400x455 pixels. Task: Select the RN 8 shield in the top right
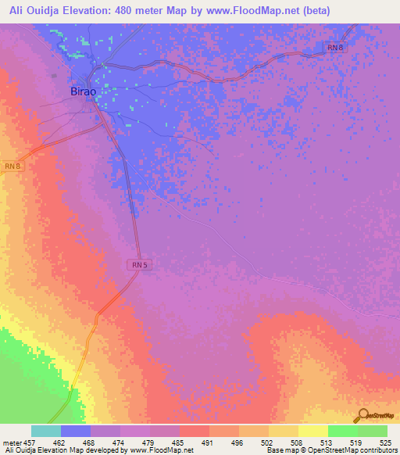click(x=334, y=48)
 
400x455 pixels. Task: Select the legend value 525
click(x=385, y=442)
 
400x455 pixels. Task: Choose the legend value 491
click(x=207, y=442)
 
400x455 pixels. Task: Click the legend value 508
click(x=296, y=442)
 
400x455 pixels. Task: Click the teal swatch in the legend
click(x=46, y=431)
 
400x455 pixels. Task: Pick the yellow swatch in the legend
click(x=313, y=431)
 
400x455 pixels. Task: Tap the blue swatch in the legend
click(x=76, y=431)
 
